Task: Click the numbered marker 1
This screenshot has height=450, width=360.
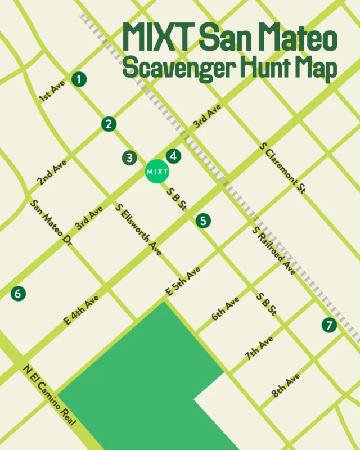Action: (80, 79)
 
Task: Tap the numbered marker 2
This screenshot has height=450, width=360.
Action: (108, 124)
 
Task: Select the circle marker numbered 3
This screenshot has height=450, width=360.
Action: (129, 158)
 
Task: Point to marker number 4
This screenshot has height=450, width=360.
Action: (173, 156)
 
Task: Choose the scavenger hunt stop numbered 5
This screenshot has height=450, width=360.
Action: (203, 220)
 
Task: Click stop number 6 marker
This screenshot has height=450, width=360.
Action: (18, 293)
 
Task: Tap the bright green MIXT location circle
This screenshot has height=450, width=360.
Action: (157, 170)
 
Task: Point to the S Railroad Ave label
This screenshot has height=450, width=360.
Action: (274, 251)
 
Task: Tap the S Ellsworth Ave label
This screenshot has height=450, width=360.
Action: (139, 230)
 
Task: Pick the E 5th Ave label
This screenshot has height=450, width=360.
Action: (183, 281)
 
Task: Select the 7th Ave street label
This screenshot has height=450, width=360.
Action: (259, 348)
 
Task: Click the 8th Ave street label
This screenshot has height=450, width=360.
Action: (286, 385)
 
